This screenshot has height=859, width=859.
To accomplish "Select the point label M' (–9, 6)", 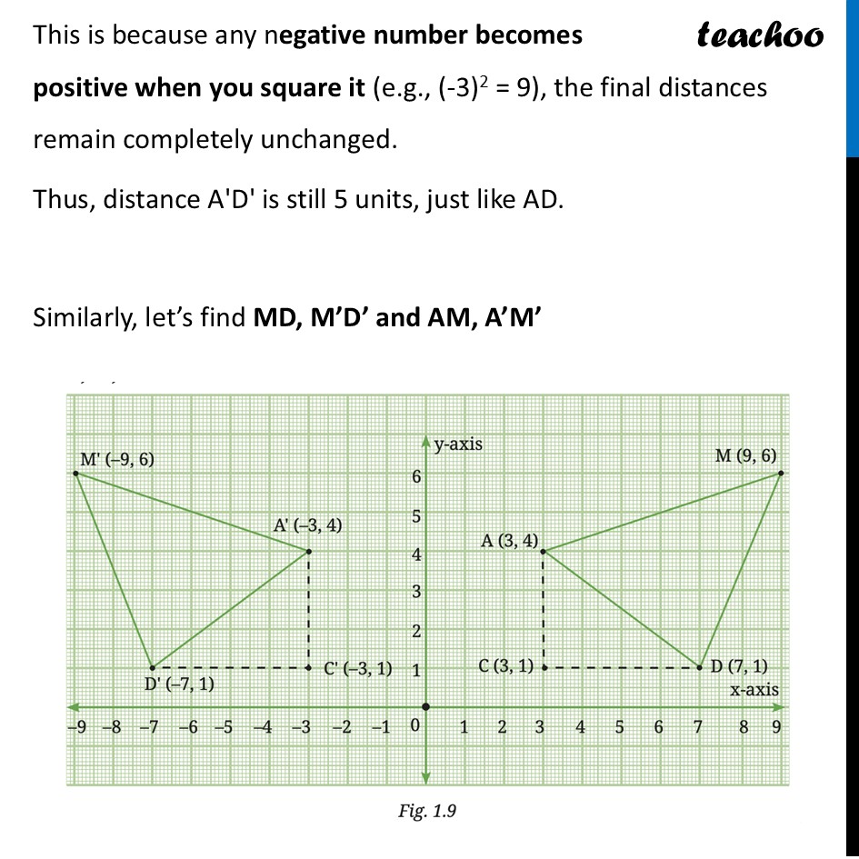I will pos(117,459).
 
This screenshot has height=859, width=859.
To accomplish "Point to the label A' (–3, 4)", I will pos(308,524).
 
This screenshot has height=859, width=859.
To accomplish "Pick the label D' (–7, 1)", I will pos(180,684).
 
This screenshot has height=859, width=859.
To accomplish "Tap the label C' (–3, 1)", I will pos(358,668).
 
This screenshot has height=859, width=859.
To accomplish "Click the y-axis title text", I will pos(457,444).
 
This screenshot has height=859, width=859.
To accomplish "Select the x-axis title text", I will pos(754,689).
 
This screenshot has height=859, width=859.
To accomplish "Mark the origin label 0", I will pos(414,727).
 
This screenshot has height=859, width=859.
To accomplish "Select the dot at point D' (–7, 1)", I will pos(152,668).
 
